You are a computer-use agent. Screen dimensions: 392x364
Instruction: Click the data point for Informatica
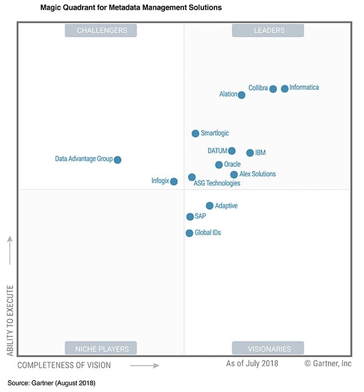coord(285,89)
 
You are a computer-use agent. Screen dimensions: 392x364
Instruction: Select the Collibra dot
coord(273,89)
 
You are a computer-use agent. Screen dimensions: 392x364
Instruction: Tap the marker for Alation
coord(241,95)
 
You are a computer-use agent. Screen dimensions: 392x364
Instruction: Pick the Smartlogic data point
coord(195,134)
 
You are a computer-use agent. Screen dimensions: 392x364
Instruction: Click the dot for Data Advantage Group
coord(118,160)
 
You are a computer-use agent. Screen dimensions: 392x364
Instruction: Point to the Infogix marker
coord(174,182)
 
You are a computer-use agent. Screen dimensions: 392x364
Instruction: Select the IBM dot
coord(250,153)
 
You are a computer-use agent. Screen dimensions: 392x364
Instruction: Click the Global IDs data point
coord(189,233)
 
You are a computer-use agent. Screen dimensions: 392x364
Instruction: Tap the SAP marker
coord(190,217)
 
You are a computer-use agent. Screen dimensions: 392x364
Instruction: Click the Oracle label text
coord(232,164)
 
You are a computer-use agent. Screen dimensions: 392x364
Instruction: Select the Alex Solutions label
coord(257,174)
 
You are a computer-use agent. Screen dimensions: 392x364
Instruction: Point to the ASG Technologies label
coord(217,183)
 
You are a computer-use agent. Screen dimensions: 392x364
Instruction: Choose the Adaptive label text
coord(226,206)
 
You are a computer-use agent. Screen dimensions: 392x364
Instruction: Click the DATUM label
coord(217,151)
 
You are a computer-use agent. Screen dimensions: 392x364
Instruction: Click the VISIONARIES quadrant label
coord(268,348)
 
